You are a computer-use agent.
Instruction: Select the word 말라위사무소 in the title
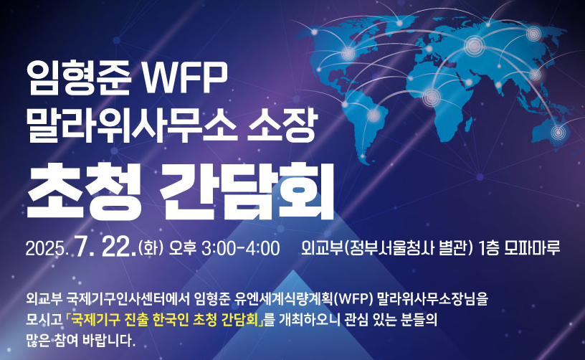coord(132,125)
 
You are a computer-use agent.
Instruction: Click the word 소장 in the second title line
coord(282,125)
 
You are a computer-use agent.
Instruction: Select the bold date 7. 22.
coord(105,247)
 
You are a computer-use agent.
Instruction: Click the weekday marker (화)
coord(151,248)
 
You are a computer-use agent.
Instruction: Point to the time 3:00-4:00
coord(241,248)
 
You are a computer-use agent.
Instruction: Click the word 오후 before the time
coord(182,248)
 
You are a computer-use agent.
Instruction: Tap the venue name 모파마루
coord(532,248)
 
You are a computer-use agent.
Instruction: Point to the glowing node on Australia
coord(558,132)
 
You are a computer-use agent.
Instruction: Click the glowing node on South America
coord(374,115)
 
